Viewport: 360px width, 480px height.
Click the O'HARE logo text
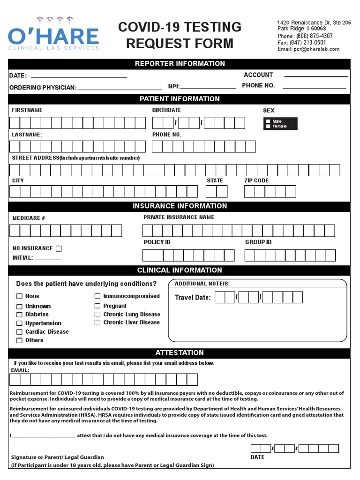53,36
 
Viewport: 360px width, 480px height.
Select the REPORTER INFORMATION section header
180,64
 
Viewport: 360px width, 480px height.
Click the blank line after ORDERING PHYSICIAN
120,88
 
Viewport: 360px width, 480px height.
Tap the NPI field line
208,87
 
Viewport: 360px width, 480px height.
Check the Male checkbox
268,121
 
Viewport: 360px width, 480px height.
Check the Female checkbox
268,127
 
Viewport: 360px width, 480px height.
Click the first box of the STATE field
211,191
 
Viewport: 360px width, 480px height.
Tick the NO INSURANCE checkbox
59,248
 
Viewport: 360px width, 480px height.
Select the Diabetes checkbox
20,315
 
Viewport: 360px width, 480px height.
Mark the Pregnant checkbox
97,306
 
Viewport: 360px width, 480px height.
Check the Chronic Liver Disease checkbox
97,322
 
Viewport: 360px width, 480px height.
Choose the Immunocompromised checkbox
97,296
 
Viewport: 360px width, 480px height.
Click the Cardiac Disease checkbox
20,332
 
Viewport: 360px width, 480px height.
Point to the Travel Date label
193,298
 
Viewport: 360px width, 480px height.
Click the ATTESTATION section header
180,353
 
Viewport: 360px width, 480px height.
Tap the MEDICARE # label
29,218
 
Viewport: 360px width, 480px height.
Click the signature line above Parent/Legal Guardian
57,452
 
